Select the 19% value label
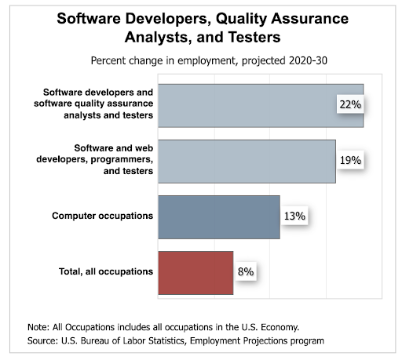tap(350, 161)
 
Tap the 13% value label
tap(294, 216)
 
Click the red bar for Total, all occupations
tap(196, 272)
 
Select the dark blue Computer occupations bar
tap(218, 216)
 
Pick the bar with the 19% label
tap(247, 161)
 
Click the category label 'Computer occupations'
tap(102, 216)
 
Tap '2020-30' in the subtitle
tap(306, 60)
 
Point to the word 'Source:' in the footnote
tap(41, 340)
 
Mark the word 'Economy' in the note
tap(276, 326)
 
